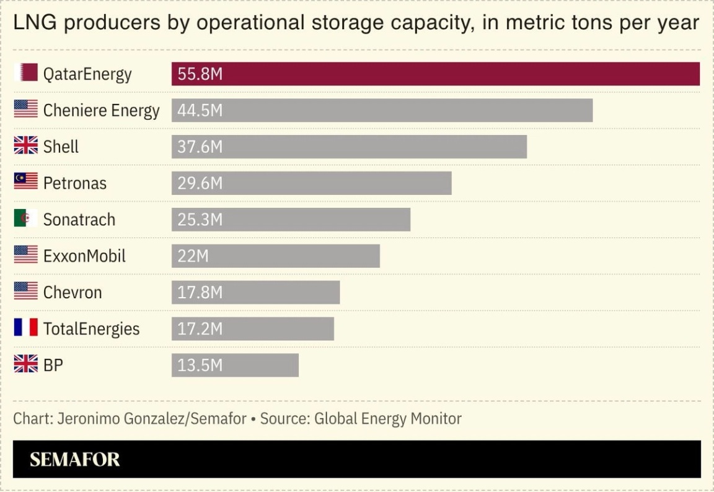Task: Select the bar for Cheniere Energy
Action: [x=382, y=110]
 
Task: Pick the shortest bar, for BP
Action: [x=235, y=365]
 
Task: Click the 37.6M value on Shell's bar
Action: [x=200, y=147]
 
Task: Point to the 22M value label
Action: [x=193, y=256]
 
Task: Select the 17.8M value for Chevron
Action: [x=200, y=293]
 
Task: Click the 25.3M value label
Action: [x=200, y=220]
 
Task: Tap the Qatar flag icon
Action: [x=26, y=73]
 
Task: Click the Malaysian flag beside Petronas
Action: [x=26, y=182]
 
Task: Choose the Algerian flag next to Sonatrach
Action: [x=26, y=218]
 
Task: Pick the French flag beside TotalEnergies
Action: [x=26, y=327]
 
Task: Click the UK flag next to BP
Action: [x=26, y=364]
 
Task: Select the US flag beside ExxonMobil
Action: [x=26, y=255]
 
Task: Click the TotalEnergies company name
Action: [x=91, y=329]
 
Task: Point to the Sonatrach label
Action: [x=79, y=220]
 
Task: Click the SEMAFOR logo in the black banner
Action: [x=75, y=459]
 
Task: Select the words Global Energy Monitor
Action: [x=388, y=419]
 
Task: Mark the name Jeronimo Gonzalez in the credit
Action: [x=121, y=419]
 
